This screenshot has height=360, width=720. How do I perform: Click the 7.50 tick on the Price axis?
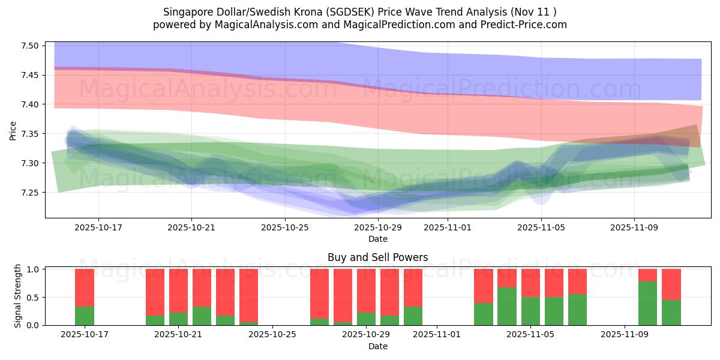[30, 46]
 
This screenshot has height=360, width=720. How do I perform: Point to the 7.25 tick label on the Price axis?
[30, 193]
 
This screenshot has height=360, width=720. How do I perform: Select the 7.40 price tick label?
[30, 104]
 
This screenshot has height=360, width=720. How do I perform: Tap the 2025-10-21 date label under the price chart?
[191, 228]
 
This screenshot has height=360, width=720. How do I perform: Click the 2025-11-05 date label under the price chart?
[541, 228]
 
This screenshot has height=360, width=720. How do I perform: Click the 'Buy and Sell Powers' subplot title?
[377, 257]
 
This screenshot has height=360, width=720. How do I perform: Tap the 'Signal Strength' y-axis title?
[18, 296]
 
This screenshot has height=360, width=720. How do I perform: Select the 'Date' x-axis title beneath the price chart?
[377, 239]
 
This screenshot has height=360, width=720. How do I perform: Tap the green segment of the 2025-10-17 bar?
[85, 316]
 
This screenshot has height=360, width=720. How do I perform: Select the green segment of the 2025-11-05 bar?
[530, 311]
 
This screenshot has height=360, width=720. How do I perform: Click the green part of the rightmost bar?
[671, 313]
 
